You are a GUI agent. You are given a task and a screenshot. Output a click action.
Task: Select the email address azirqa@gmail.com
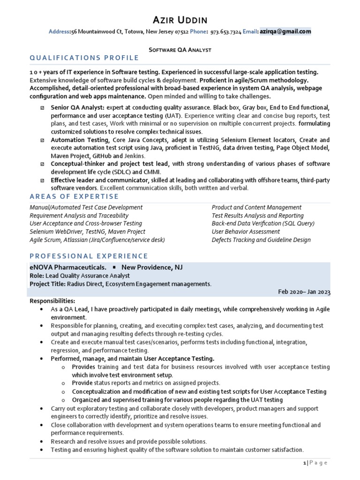point(285,32)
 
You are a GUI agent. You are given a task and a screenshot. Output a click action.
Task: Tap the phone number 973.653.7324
point(225,32)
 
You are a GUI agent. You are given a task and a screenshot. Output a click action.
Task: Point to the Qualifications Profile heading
point(84,58)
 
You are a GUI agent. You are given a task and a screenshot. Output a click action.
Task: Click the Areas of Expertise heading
point(74,196)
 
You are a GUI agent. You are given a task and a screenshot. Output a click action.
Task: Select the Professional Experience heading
point(89,256)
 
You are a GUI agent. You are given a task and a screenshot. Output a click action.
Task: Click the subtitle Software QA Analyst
point(180,49)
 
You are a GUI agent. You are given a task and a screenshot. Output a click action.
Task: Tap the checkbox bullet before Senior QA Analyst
point(43,108)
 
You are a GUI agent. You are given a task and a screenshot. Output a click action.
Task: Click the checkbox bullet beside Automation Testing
point(43,140)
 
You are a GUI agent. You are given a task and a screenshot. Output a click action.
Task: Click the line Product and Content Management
point(256,207)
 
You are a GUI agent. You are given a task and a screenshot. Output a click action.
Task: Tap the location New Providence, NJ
point(152,267)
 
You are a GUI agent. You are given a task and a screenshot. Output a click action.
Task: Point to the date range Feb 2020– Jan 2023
point(304,292)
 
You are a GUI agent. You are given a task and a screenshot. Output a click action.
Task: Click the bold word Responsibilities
point(52,300)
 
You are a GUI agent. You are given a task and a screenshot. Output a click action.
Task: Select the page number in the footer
point(305,463)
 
